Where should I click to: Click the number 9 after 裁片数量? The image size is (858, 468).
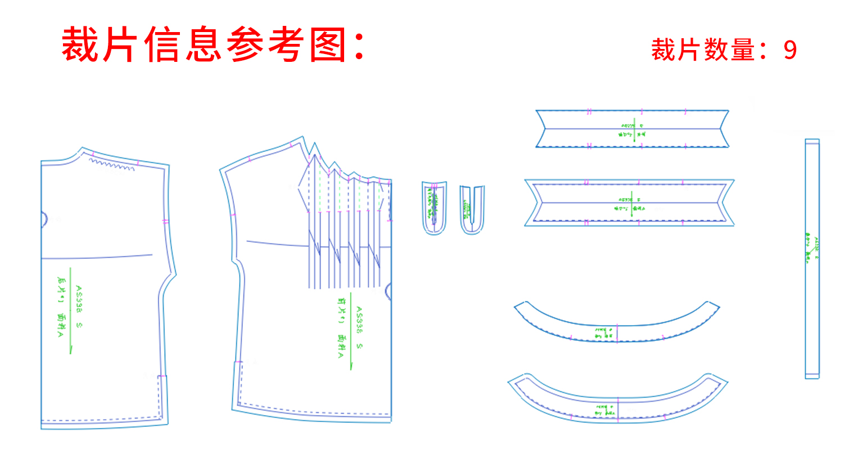(790, 50)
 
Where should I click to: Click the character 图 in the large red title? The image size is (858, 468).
(328, 45)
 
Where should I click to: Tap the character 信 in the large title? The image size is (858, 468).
(164, 45)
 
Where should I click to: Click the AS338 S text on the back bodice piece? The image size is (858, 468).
(79, 307)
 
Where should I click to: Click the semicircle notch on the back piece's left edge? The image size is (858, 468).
(44, 219)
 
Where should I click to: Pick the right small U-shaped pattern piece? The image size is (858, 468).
(472, 209)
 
